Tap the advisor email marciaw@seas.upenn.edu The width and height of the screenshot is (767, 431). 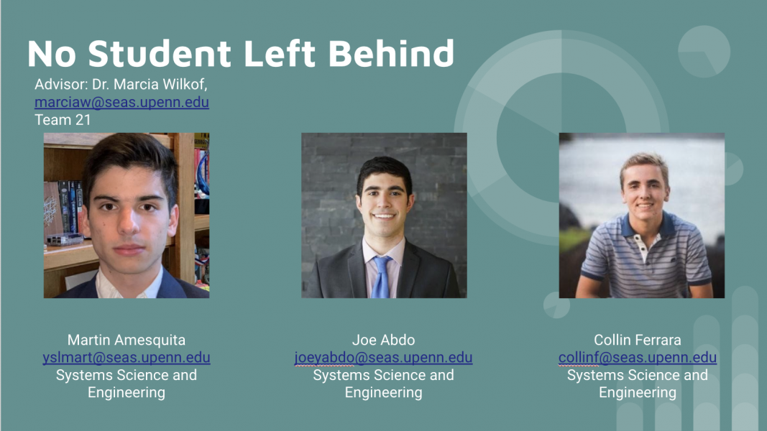(121, 102)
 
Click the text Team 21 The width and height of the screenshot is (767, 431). (63, 120)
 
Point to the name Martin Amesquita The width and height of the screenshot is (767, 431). (127, 340)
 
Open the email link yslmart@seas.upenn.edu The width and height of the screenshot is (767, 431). (127, 357)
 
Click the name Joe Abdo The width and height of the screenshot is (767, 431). (384, 340)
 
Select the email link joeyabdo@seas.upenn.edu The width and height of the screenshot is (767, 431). (384, 357)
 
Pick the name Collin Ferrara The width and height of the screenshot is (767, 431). (638, 340)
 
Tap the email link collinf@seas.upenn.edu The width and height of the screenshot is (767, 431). (638, 357)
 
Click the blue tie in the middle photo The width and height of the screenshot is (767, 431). (381, 277)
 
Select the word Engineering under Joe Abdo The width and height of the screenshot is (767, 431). (384, 392)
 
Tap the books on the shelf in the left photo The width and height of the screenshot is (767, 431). (69, 206)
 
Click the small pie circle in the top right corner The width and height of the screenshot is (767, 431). (704, 51)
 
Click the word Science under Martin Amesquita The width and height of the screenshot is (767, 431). (129, 375)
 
